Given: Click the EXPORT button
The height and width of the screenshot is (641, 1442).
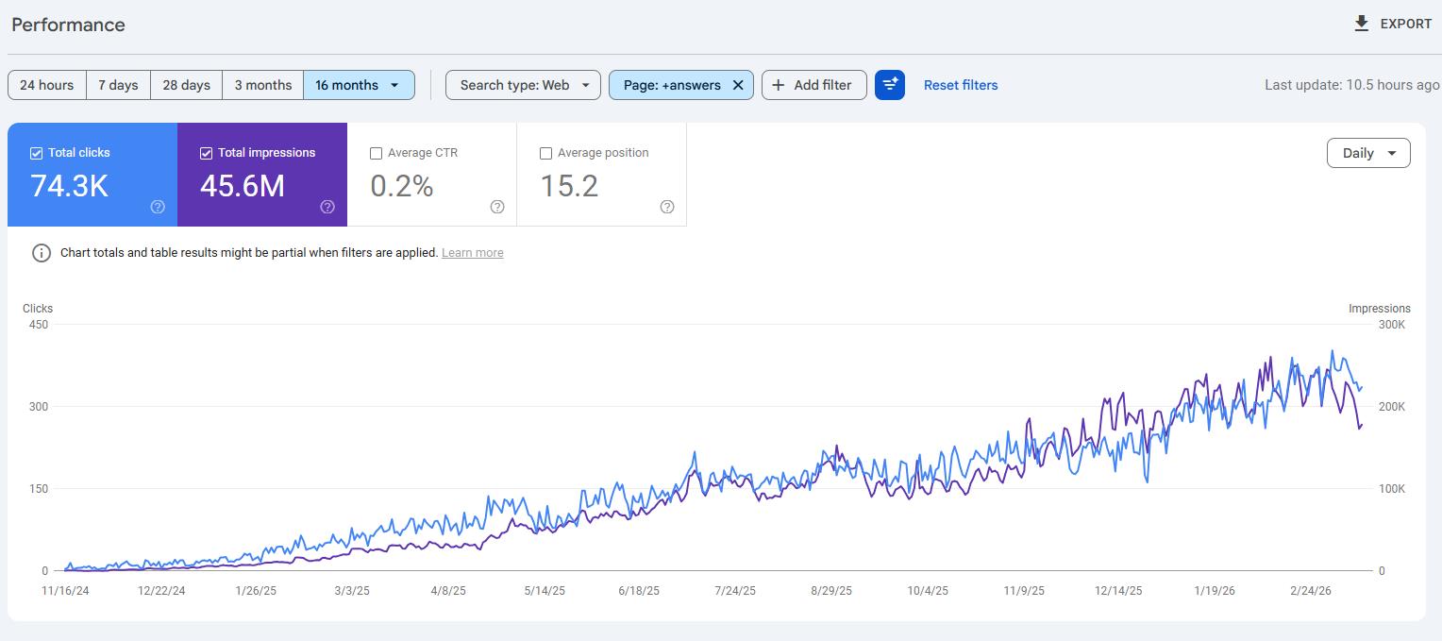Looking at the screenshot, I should pyautogui.click(x=1393, y=25).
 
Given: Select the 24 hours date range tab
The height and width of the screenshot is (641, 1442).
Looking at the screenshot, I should pyautogui.click(x=47, y=85).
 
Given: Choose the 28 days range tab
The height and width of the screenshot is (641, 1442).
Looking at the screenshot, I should pyautogui.click(x=186, y=85).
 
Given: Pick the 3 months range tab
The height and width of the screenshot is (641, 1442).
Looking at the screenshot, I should pyautogui.click(x=262, y=85).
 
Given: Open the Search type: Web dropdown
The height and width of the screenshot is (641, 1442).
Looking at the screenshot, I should pyautogui.click(x=523, y=85).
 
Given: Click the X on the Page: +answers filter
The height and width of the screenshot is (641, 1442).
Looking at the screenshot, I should pyautogui.click(x=738, y=85).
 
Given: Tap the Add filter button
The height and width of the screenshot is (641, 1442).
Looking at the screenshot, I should pyautogui.click(x=813, y=85).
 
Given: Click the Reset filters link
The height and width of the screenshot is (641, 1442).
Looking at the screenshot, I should pyautogui.click(x=960, y=85).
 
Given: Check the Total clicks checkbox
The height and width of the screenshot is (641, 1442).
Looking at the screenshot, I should pyautogui.click(x=37, y=153).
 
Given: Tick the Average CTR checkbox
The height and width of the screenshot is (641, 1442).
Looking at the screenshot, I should pyautogui.click(x=377, y=153).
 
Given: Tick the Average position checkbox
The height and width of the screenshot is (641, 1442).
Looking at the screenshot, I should pyautogui.click(x=545, y=153).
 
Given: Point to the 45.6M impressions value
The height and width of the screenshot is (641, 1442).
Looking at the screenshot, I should pyautogui.click(x=243, y=186).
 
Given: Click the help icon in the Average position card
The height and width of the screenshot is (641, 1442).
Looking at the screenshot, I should pyautogui.click(x=667, y=207).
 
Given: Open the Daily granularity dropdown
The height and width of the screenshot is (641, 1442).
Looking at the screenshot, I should pyautogui.click(x=1368, y=153).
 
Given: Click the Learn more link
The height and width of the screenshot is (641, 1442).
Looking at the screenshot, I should pyautogui.click(x=472, y=253).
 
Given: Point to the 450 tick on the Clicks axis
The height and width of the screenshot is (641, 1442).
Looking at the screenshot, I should pyautogui.click(x=39, y=325).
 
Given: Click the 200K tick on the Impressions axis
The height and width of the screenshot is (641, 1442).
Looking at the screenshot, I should pyautogui.click(x=1391, y=407).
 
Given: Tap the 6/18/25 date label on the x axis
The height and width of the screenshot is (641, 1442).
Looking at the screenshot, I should pyautogui.click(x=639, y=591).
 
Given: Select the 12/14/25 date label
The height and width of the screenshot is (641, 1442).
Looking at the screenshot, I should pyautogui.click(x=1118, y=591).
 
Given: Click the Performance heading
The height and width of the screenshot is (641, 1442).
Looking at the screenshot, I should pyautogui.click(x=68, y=25).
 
